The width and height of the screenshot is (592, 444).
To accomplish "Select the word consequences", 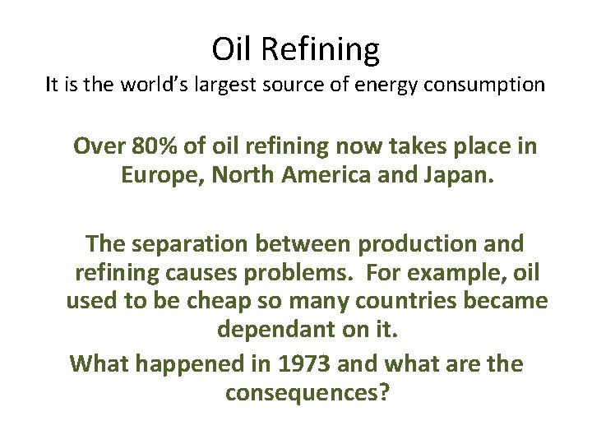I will click(x=307, y=392).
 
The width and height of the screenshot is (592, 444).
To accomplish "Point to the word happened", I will click(x=192, y=364).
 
